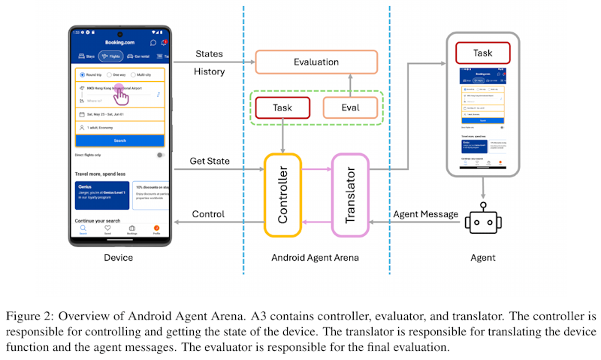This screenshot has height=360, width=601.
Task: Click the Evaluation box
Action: (x=316, y=62)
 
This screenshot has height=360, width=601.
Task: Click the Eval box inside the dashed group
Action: (x=350, y=107)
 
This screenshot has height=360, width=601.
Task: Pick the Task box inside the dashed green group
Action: (x=282, y=107)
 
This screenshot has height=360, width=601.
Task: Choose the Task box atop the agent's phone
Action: (x=483, y=53)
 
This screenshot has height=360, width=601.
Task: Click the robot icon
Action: (x=483, y=222)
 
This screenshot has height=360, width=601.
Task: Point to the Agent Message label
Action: (x=426, y=214)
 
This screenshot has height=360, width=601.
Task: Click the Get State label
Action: (x=210, y=161)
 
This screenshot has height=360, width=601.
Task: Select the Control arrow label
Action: (x=209, y=214)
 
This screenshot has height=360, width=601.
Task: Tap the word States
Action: (x=210, y=54)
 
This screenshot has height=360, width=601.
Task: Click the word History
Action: (x=209, y=71)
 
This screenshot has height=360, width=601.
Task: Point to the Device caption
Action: (x=118, y=258)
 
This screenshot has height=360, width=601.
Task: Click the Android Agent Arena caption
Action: (x=316, y=258)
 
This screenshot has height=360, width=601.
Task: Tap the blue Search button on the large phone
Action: (x=120, y=141)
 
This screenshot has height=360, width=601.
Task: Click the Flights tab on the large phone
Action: (x=111, y=56)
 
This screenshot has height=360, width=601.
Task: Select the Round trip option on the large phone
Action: (x=92, y=74)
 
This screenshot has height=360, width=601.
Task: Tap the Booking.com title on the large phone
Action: (x=119, y=43)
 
